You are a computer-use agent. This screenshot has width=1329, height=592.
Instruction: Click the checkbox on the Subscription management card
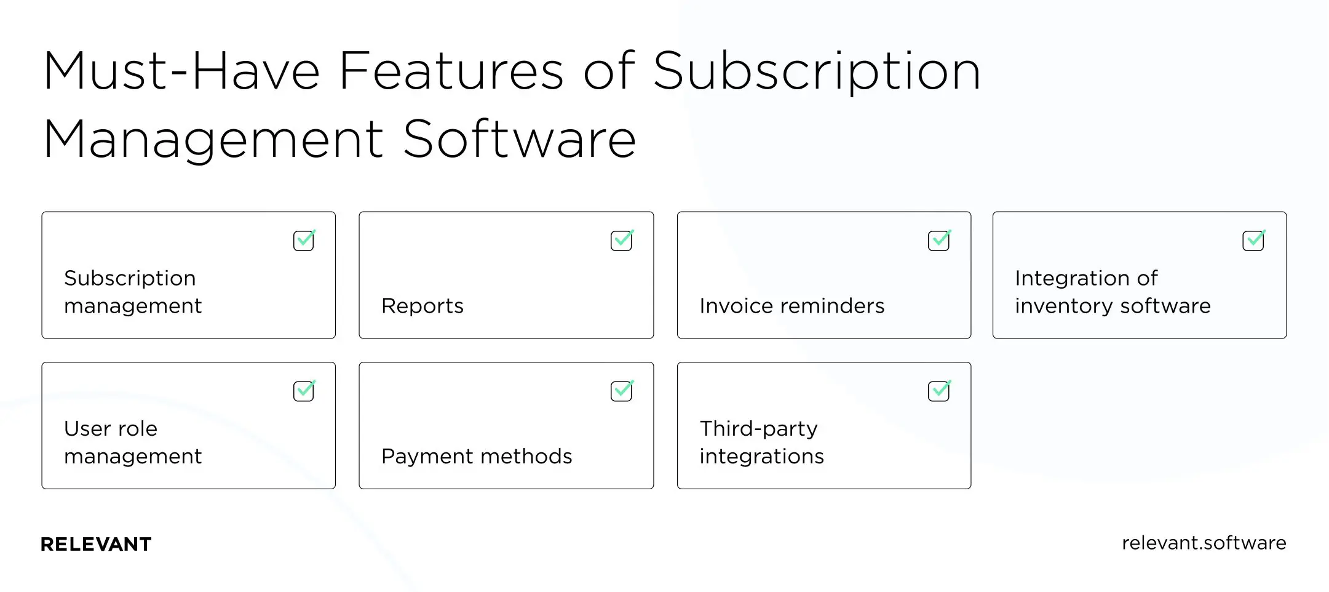(304, 241)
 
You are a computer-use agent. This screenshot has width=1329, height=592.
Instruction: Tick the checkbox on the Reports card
(621, 241)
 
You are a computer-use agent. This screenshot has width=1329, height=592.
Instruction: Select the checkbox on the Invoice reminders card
(938, 241)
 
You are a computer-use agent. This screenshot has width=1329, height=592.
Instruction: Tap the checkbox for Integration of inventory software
(1253, 241)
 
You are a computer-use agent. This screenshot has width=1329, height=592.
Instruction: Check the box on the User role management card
(304, 391)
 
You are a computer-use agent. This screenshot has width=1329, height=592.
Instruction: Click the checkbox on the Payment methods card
(621, 391)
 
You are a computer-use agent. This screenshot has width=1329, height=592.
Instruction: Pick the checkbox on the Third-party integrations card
(938, 391)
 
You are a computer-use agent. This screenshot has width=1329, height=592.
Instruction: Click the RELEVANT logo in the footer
(96, 544)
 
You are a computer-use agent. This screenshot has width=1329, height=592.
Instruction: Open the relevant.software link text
(1204, 543)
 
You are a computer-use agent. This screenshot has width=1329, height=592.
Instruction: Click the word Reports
(423, 306)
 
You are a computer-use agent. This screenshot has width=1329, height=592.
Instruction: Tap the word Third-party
(759, 429)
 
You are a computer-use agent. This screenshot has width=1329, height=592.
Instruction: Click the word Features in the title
(451, 71)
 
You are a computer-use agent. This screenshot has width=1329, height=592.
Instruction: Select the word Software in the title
(520, 140)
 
